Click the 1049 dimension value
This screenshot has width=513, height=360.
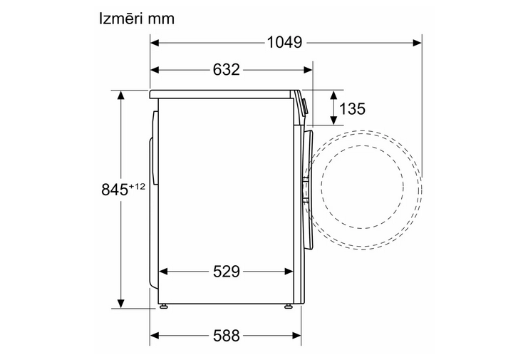coord(284,43)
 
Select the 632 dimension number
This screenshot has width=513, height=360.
coord(227,70)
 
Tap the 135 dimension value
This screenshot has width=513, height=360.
coord(352,108)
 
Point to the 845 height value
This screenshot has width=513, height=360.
coord(115,190)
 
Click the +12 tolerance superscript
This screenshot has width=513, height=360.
coord(137,187)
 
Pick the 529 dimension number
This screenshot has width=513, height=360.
coord(227,272)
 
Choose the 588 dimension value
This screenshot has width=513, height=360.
coord(227,336)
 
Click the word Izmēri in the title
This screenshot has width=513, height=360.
coord(121,19)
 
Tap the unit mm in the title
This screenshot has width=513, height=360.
coord(161,20)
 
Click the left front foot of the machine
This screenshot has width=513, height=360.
coord(164,307)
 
